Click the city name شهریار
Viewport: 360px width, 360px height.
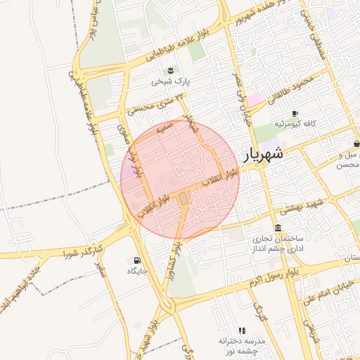[264, 155]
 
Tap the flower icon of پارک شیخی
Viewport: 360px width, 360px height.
[170, 70]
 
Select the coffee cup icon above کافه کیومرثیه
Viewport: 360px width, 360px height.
[295, 112]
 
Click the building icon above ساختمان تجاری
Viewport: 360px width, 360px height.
[278, 229]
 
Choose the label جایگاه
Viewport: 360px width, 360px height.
[136, 272]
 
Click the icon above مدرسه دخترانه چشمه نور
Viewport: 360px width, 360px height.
[242, 330]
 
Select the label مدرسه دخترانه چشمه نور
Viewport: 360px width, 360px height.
[242, 345]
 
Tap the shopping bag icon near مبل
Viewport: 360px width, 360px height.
[357, 143]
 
